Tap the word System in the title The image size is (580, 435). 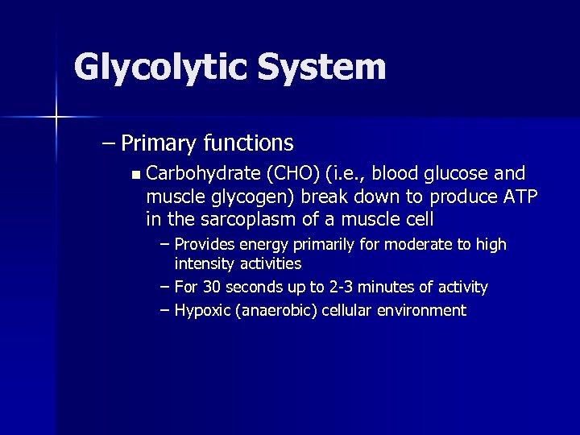[322, 68]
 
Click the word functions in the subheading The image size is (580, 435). [248, 143]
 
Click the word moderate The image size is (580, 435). [408, 244]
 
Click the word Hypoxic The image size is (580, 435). [202, 311]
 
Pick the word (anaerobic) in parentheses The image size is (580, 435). [275, 311]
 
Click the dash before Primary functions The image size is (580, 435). [109, 143]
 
